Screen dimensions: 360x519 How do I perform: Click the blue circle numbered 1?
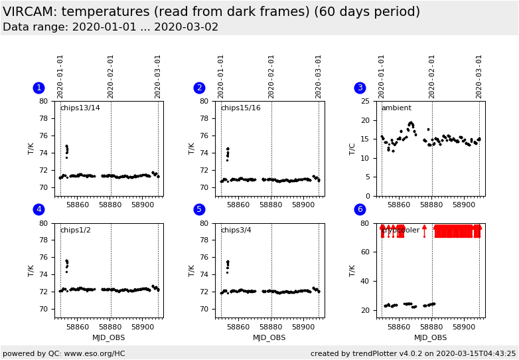38,88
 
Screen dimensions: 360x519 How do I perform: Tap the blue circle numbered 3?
360,88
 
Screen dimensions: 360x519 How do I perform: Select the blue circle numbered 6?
360,209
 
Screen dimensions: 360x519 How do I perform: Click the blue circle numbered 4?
38,209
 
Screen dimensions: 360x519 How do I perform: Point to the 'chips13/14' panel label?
80,108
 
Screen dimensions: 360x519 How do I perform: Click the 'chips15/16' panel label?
240,108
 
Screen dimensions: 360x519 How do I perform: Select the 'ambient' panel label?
396,108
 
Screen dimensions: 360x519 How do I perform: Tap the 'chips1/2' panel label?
75,230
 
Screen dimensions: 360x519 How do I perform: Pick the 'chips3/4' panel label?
236,230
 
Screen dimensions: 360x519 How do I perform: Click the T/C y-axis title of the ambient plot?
352,148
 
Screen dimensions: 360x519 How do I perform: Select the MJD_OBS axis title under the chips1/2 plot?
109,338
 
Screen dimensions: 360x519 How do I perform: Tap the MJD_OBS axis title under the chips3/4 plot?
269,338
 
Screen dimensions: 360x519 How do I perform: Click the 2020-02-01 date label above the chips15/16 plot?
271,76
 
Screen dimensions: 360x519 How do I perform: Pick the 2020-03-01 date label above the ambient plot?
479,76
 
